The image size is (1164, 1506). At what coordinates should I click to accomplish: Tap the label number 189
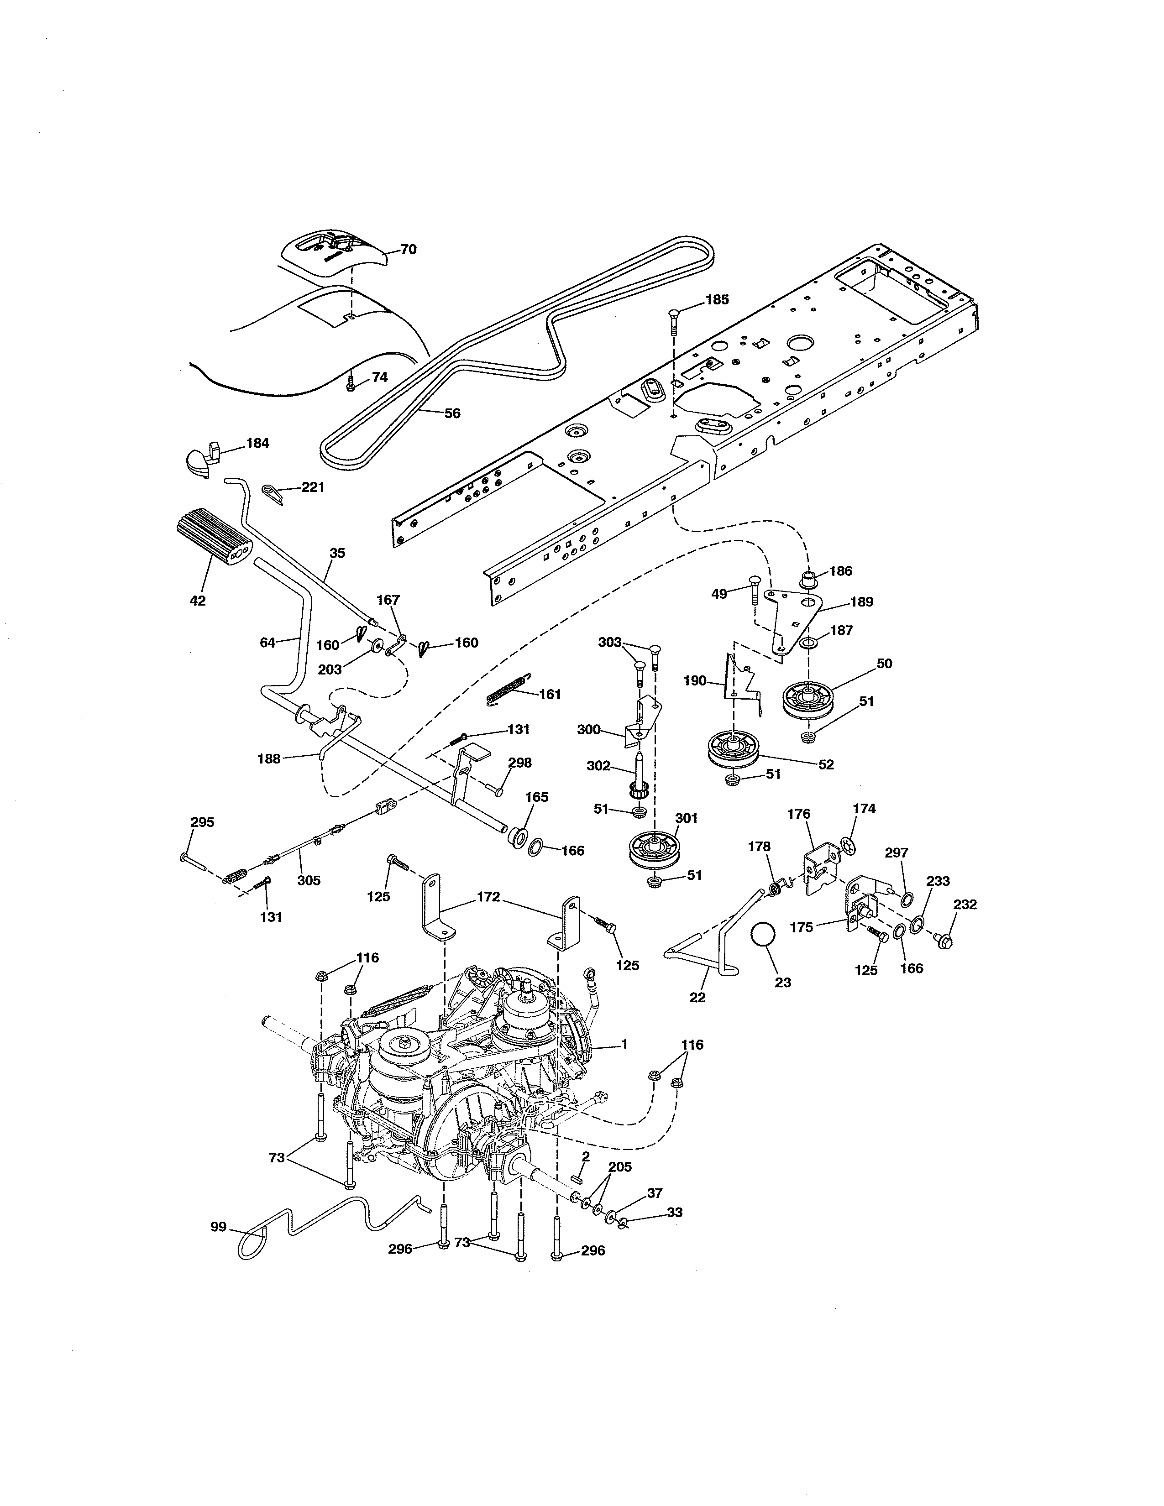click(861, 602)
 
